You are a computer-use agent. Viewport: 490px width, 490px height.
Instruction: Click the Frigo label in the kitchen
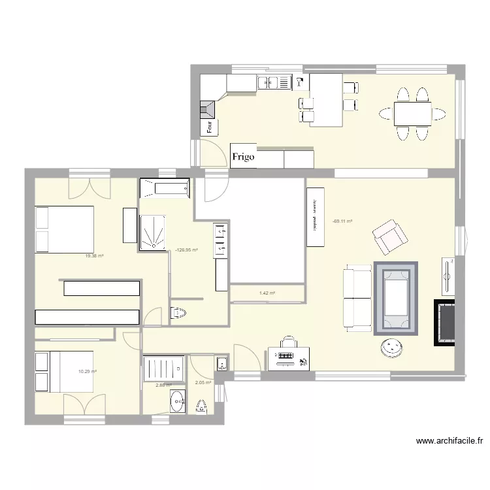[244, 157]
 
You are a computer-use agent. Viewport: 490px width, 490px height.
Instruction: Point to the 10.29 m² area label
[88, 372]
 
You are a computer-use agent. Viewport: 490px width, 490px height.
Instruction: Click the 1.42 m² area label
[267, 293]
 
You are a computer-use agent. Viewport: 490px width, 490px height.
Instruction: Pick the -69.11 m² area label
[342, 221]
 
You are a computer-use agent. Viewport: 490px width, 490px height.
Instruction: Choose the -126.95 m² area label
[187, 250]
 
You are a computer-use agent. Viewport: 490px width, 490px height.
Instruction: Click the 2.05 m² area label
[203, 383]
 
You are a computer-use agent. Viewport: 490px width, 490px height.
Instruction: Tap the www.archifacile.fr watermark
[449, 442]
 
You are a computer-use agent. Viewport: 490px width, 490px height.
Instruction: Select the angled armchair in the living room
[389, 237]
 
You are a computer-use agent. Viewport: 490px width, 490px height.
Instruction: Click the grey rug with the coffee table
[395, 298]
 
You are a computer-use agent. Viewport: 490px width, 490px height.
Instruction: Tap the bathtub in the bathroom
[165, 188]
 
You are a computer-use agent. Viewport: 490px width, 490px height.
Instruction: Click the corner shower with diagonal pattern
[152, 232]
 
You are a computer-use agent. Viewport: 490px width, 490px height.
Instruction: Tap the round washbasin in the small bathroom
[176, 402]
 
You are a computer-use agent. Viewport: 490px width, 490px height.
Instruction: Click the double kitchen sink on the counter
[274, 82]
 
